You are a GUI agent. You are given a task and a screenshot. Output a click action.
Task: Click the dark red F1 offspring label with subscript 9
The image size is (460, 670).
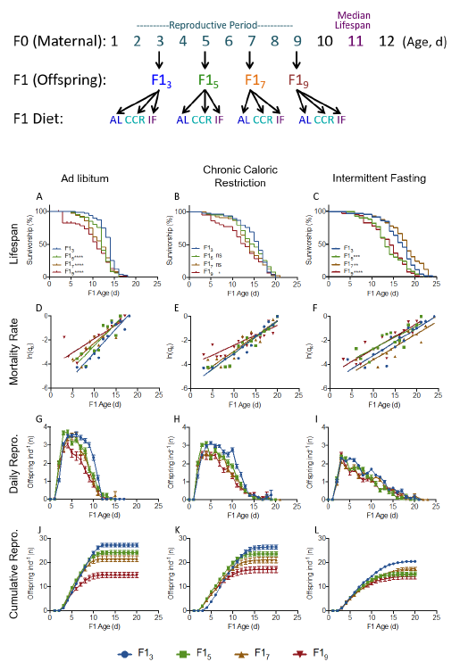(x=299, y=81)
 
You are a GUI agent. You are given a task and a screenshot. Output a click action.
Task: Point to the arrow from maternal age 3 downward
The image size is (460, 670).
(x=159, y=61)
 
